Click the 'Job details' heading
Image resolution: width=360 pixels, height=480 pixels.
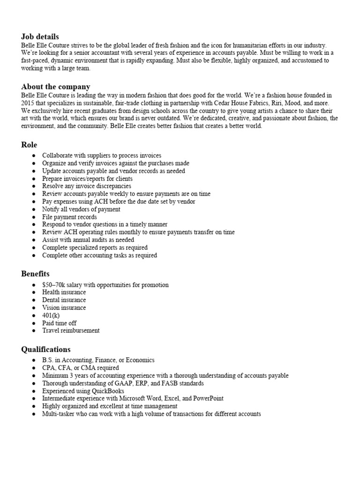40,37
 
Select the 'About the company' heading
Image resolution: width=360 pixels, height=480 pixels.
56,87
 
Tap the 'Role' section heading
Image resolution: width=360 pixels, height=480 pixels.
29,145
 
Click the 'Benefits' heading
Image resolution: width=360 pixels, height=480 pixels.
35,274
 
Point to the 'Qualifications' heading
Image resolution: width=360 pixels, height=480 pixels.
46,349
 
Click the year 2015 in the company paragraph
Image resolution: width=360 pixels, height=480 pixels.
29,103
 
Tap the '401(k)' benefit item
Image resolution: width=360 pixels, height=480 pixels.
51,315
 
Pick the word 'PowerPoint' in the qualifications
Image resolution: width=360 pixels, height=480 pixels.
208,398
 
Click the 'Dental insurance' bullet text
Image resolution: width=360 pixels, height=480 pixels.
64,300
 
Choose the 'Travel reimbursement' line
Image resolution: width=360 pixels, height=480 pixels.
71,330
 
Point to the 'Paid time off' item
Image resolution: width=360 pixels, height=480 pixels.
59,323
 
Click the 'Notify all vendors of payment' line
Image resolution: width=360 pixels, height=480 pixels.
81,210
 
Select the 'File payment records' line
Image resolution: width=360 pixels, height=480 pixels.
69,217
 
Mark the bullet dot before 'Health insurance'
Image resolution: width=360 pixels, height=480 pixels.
33,292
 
